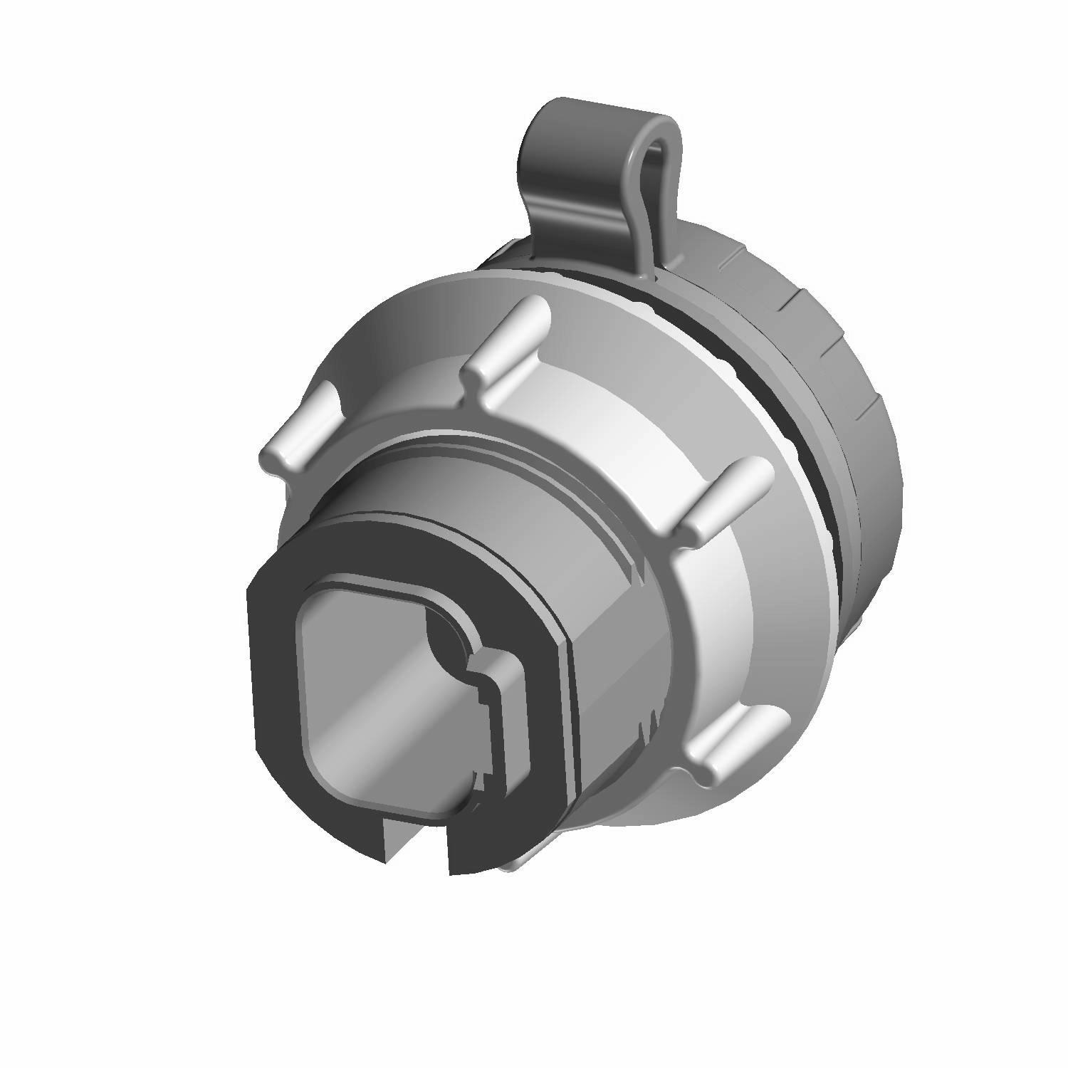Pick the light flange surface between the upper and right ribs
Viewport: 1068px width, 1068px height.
click(x=627, y=413)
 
